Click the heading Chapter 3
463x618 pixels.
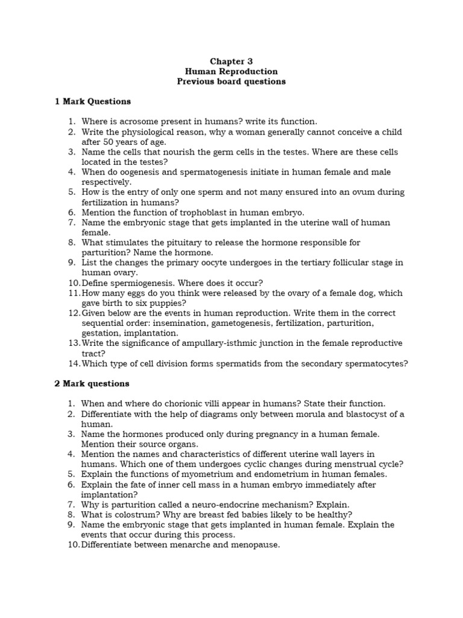[231, 62]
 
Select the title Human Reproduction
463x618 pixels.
[231, 71]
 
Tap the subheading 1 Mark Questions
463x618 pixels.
[93, 101]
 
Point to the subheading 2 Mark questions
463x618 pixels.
[92, 383]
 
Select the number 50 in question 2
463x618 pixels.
[109, 141]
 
